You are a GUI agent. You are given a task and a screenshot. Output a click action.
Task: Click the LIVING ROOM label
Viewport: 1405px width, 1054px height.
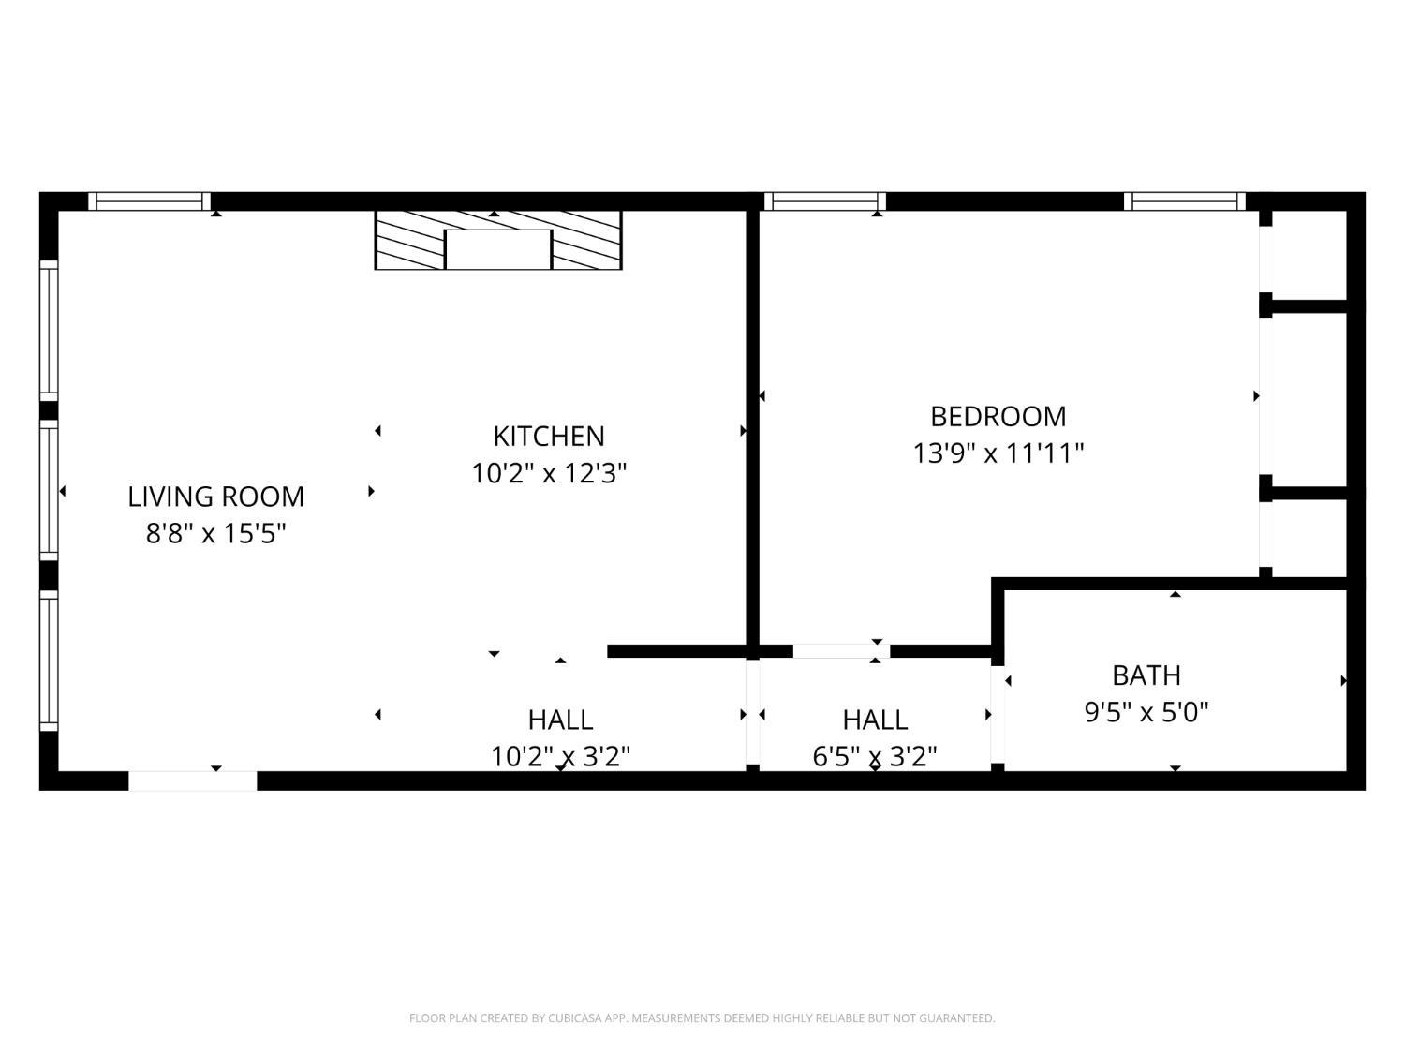pos(215,497)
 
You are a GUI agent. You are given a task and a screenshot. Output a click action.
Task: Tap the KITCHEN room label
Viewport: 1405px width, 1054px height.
pos(549,436)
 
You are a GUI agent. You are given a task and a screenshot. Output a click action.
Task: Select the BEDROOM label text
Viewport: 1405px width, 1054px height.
pos(998,416)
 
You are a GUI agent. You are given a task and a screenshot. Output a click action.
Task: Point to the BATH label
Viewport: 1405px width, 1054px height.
pos(1146,675)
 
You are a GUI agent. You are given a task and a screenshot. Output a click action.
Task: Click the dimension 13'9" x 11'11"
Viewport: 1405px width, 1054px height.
pos(998,453)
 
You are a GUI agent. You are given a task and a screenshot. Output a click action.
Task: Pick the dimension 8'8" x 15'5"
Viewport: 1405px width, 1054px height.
pos(215,534)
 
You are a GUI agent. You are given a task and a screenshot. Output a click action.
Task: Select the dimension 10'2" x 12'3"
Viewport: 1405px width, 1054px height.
pos(549,473)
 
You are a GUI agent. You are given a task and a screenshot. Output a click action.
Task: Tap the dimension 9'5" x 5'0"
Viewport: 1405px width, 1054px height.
pos(1146,712)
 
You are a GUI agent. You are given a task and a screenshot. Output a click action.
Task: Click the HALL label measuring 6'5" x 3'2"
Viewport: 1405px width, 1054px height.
pos(875,720)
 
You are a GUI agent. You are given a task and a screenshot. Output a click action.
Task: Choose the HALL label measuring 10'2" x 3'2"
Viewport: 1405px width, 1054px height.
pos(560,720)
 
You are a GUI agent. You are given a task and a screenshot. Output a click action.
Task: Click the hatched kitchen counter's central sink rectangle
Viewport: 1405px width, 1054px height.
pos(497,249)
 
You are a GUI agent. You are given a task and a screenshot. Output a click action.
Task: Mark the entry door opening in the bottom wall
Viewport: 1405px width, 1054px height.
pos(192,779)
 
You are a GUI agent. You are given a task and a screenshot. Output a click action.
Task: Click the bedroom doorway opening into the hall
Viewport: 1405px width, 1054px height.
pos(840,651)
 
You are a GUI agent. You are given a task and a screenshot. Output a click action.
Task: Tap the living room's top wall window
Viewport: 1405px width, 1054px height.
pos(150,200)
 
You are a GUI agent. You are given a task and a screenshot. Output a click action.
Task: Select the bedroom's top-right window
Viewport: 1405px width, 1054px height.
pos(1185,200)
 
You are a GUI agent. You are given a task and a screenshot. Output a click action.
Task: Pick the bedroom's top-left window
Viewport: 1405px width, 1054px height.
pos(825,200)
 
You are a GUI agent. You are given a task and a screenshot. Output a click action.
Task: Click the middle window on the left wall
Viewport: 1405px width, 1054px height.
pos(48,490)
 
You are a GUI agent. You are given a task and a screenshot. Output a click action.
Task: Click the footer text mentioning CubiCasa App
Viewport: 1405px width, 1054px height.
pos(702,1018)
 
